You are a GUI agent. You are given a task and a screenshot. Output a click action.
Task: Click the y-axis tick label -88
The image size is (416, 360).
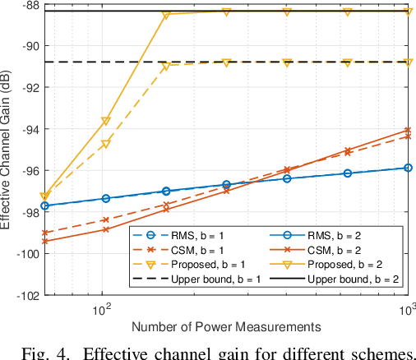pyautogui.click(x=27, y=5)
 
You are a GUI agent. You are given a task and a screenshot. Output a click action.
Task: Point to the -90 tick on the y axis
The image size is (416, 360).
pyautogui.click(x=27, y=46)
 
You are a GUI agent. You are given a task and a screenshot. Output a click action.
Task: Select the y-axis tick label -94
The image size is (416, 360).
pyautogui.click(x=27, y=129)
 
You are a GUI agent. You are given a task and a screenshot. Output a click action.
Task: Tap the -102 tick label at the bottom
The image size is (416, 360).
pyautogui.click(x=25, y=294)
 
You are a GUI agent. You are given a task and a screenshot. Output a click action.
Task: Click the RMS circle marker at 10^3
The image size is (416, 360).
pyautogui.click(x=409, y=168)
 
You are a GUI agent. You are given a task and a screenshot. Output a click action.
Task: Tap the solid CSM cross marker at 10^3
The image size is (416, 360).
pyautogui.click(x=409, y=130)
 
